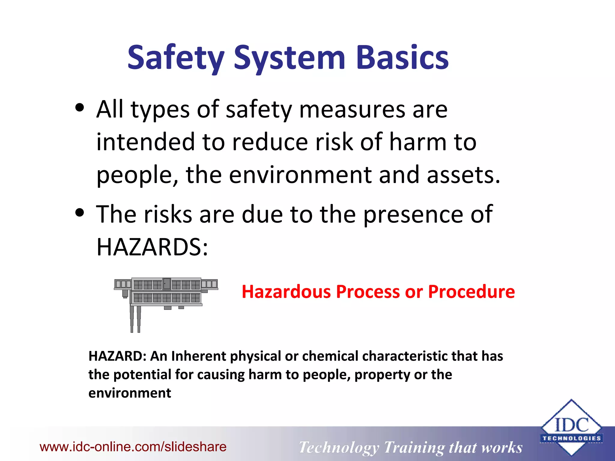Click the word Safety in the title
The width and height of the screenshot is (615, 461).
click(176, 58)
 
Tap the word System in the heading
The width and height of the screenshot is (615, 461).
click(289, 58)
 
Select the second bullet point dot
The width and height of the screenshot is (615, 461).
click(80, 212)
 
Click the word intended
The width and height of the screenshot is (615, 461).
click(146, 142)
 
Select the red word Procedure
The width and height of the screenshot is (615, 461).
click(471, 292)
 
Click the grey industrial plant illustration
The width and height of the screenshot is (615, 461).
click(166, 297)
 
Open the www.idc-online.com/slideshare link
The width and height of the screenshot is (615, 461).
click(133, 447)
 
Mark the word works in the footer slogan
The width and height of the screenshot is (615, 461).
click(501, 447)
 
